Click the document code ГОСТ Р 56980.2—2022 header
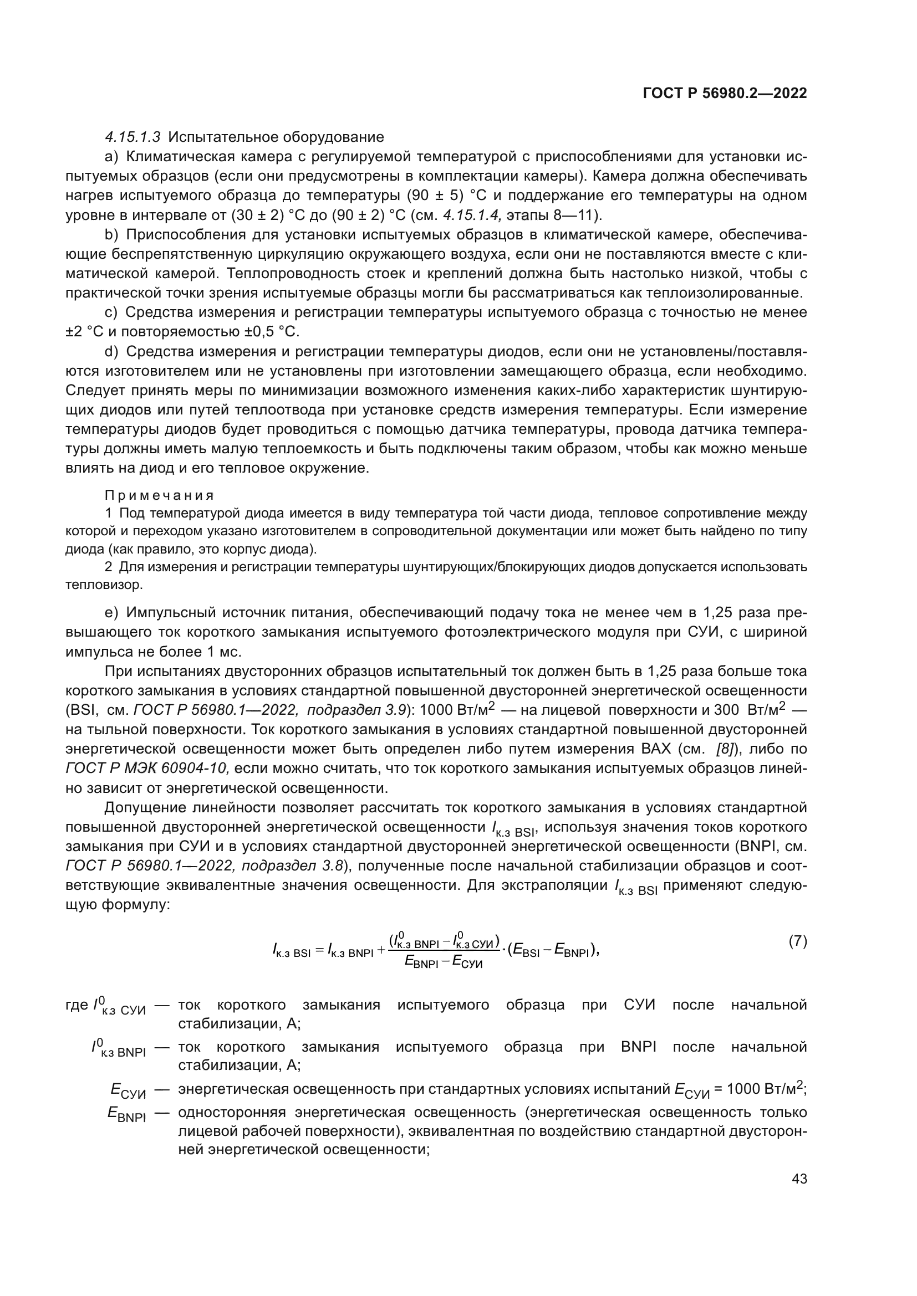pyautogui.click(x=725, y=94)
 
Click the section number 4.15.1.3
pyautogui.click(x=133, y=137)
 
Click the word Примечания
pyautogui.click(x=159, y=495)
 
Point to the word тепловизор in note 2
pyautogui.click(x=104, y=585)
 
